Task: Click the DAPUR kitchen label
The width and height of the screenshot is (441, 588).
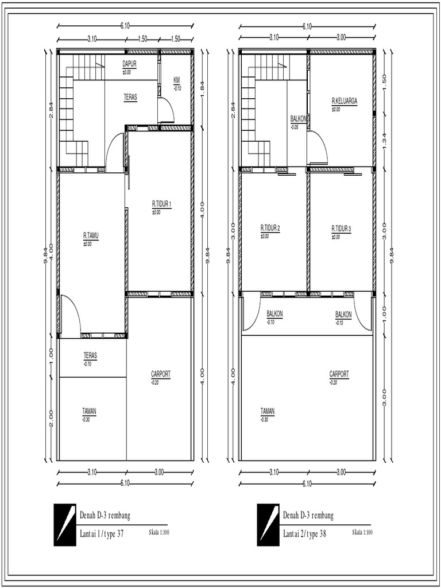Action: coord(129,64)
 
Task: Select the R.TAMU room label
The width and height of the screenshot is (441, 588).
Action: coord(91,235)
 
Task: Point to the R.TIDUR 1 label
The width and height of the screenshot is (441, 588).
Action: coord(162,203)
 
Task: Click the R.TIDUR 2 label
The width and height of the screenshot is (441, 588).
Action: coord(270,227)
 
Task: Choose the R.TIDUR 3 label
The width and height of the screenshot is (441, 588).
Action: coord(341,227)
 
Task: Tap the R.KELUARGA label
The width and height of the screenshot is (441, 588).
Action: coord(344,100)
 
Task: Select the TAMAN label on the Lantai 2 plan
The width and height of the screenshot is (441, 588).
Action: coord(267,411)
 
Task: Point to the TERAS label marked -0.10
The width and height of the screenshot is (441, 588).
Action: coord(90,355)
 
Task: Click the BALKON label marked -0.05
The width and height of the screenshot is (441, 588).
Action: coord(299,119)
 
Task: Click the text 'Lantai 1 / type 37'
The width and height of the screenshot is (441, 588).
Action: coord(102,533)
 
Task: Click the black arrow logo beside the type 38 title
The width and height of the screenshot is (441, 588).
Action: coord(268,524)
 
